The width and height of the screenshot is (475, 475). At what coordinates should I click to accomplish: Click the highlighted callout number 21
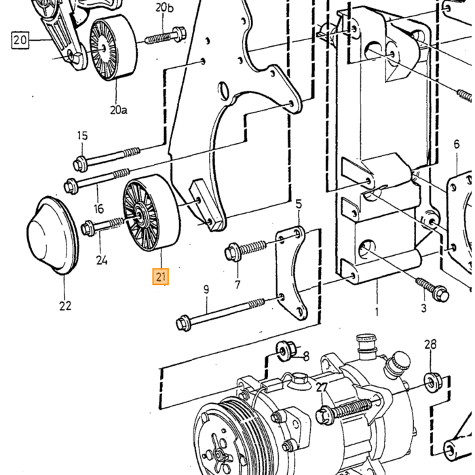(x=161, y=277)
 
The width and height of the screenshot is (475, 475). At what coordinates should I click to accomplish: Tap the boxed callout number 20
(x=20, y=40)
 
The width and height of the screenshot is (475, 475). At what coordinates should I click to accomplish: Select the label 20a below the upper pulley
(x=119, y=110)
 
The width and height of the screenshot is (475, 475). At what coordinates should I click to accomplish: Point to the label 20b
(x=164, y=7)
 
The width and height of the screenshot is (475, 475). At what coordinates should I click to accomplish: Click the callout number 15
(x=82, y=136)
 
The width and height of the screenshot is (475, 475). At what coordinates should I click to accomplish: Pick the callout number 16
(x=99, y=208)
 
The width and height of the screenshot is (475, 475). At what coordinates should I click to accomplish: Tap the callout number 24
(x=102, y=260)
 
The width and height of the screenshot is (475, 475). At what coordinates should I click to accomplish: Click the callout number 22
(x=65, y=305)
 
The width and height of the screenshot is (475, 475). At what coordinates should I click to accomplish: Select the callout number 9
(x=206, y=290)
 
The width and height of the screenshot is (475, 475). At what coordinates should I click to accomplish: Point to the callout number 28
(x=430, y=345)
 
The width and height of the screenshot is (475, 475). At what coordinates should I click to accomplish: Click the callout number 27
(x=322, y=387)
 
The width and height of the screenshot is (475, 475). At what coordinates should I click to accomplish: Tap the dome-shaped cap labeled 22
(x=53, y=235)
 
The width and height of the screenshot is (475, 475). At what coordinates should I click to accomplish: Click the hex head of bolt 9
(x=184, y=323)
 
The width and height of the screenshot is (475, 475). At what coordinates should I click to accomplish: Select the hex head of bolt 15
(x=80, y=164)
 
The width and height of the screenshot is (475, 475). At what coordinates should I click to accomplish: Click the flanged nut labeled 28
(x=432, y=383)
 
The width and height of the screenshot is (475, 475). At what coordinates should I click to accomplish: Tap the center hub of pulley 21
(x=140, y=214)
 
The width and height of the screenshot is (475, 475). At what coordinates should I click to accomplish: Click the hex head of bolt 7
(x=233, y=252)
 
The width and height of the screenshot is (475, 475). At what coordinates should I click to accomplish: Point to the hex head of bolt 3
(x=441, y=293)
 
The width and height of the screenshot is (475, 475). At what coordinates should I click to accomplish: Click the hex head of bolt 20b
(x=178, y=33)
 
